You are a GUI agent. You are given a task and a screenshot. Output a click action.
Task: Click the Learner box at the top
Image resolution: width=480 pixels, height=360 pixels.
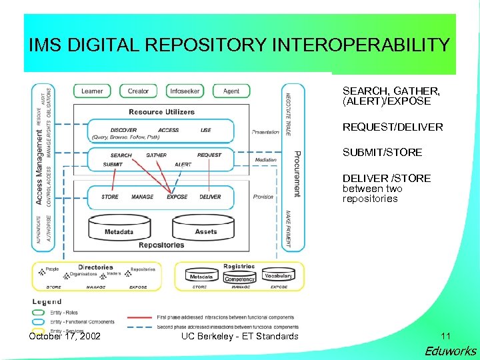[92, 91]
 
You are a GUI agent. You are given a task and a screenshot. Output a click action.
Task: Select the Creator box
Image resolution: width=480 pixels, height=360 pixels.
[138, 91]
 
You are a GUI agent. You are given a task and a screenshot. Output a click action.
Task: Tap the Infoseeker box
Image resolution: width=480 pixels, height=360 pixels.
[184, 91]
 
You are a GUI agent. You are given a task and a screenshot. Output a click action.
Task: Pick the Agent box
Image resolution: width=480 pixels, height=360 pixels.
[231, 91]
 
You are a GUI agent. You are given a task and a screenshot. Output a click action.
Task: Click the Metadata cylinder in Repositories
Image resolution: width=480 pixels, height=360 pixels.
[119, 230]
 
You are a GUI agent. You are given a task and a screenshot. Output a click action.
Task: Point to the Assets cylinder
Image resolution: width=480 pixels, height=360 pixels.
[205, 229]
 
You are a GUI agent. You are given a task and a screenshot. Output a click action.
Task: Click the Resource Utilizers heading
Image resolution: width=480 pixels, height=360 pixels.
[161, 111]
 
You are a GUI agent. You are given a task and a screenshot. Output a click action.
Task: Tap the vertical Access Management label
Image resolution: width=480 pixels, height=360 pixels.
[39, 167]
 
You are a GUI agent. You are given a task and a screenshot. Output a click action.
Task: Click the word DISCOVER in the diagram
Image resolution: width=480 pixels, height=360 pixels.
[123, 130]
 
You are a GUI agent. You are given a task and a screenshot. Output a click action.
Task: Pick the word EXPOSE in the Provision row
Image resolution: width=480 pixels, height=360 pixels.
[177, 197]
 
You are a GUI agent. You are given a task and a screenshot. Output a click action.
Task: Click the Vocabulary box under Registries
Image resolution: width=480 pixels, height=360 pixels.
[278, 276]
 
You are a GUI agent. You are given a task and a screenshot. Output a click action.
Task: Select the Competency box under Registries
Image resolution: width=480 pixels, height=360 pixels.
[239, 279]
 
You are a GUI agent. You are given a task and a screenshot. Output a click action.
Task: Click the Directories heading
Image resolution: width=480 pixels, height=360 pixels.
[95, 267]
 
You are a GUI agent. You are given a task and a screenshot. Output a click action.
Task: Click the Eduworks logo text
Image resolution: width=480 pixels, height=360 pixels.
[451, 351]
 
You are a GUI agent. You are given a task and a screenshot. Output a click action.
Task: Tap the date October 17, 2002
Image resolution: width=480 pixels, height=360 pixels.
[65, 335]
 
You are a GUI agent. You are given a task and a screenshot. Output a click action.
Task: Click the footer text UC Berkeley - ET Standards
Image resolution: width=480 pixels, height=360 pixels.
[239, 335]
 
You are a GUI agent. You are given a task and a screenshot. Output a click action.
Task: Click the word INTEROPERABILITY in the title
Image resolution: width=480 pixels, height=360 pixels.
[361, 45]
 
